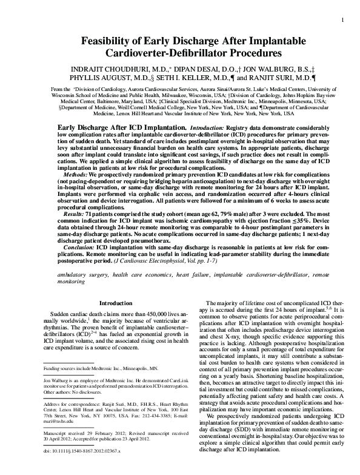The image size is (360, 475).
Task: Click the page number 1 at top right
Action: pyautogui.click(x=344, y=22)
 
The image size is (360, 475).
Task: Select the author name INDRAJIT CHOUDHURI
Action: pyautogui.click(x=110, y=69)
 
